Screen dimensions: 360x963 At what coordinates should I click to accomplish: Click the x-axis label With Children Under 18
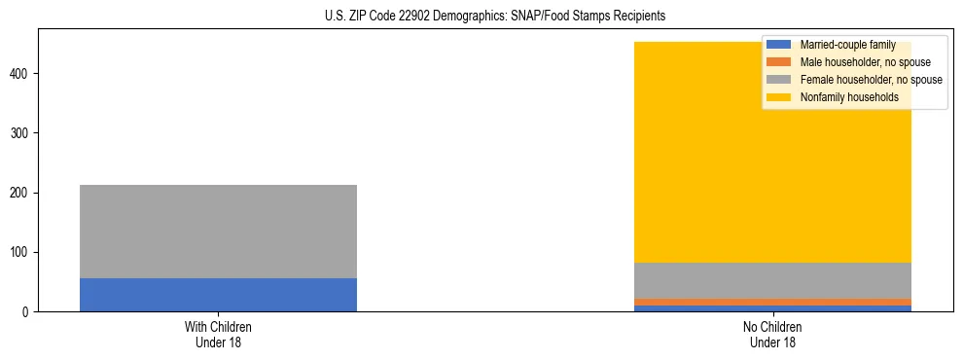pyautogui.click(x=218, y=335)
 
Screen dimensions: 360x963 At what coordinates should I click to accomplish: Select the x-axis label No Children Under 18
pyautogui.click(x=772, y=335)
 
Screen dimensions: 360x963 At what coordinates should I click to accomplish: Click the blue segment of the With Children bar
pyautogui.click(x=218, y=295)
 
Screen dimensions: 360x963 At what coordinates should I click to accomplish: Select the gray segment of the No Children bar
pyautogui.click(x=772, y=280)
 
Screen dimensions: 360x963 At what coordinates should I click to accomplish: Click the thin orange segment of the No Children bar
pyautogui.click(x=772, y=302)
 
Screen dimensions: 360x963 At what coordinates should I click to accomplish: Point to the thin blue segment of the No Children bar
pyautogui.click(x=772, y=308)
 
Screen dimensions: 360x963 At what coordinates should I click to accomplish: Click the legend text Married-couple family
pyautogui.click(x=847, y=45)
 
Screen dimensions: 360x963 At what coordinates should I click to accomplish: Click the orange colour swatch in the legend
pyautogui.click(x=779, y=62)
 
